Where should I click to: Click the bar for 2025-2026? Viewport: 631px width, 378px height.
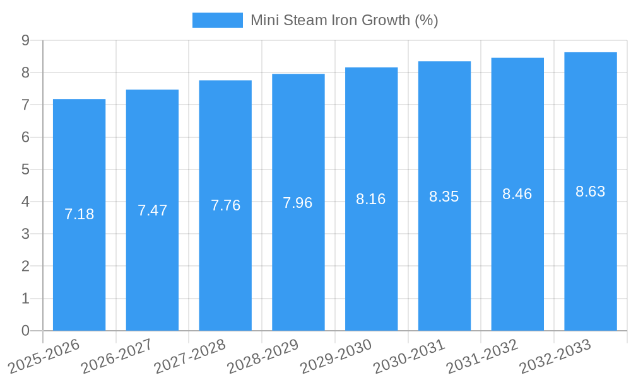coord(79,215)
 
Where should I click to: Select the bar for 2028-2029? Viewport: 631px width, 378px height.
coord(298,202)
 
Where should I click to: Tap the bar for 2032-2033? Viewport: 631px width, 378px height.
coord(591,192)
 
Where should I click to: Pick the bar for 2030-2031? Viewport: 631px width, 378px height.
coord(444,196)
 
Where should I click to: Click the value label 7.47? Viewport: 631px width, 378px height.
coord(152,210)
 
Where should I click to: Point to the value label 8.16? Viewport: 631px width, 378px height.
coord(371,199)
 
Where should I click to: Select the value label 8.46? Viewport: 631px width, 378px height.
coord(517,194)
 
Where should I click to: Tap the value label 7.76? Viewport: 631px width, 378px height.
coord(225,205)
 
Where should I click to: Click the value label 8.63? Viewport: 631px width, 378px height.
coord(591,192)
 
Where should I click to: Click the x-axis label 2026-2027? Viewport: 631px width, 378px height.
coord(117,355)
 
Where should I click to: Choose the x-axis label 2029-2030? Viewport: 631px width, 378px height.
coord(336,355)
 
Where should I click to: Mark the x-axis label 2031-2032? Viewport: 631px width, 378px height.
coord(482,355)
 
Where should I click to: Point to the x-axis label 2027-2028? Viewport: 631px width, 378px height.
coord(190,355)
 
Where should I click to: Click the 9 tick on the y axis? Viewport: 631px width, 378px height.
coord(25,40)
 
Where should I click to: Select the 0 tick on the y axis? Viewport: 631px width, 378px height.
coord(25,331)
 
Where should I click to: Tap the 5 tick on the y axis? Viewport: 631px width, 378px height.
coord(25,169)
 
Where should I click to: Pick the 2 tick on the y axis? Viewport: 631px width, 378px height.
coord(25,266)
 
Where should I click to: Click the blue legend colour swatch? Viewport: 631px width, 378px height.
coord(217,20)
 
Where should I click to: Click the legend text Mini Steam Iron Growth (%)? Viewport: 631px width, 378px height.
coord(344,20)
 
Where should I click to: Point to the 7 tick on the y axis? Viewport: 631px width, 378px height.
coord(25,105)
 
